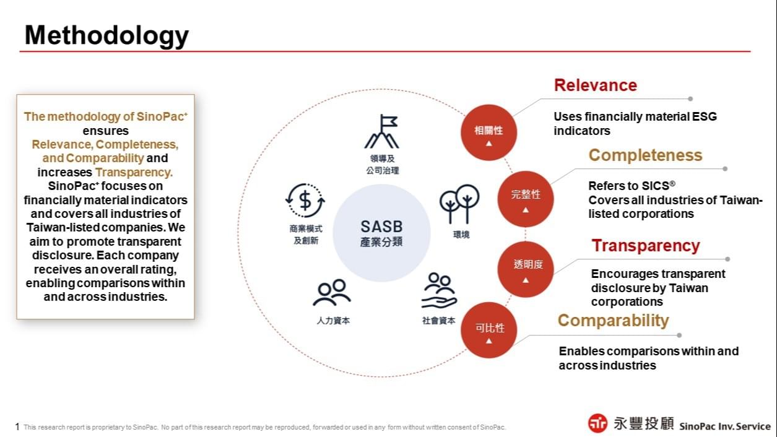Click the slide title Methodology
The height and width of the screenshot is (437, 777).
[106, 35]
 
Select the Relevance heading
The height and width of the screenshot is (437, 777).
[595, 85]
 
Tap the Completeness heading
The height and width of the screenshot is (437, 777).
[645, 155]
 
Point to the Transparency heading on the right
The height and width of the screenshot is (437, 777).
[645, 246]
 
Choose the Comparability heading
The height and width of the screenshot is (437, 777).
[613, 321]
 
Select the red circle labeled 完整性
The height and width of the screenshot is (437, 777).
[526, 198]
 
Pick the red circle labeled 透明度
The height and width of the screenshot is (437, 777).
[526, 269]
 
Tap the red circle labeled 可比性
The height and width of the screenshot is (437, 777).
[489, 331]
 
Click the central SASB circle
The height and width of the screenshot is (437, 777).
[381, 233]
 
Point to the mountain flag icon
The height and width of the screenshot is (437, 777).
[381, 132]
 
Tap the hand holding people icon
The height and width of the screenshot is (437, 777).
[439, 291]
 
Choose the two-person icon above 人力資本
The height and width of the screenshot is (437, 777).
[332, 293]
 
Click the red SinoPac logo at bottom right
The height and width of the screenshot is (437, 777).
[597, 423]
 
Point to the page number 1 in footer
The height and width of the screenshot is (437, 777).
[17, 426]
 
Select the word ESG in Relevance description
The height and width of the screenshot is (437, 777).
[705, 116]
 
